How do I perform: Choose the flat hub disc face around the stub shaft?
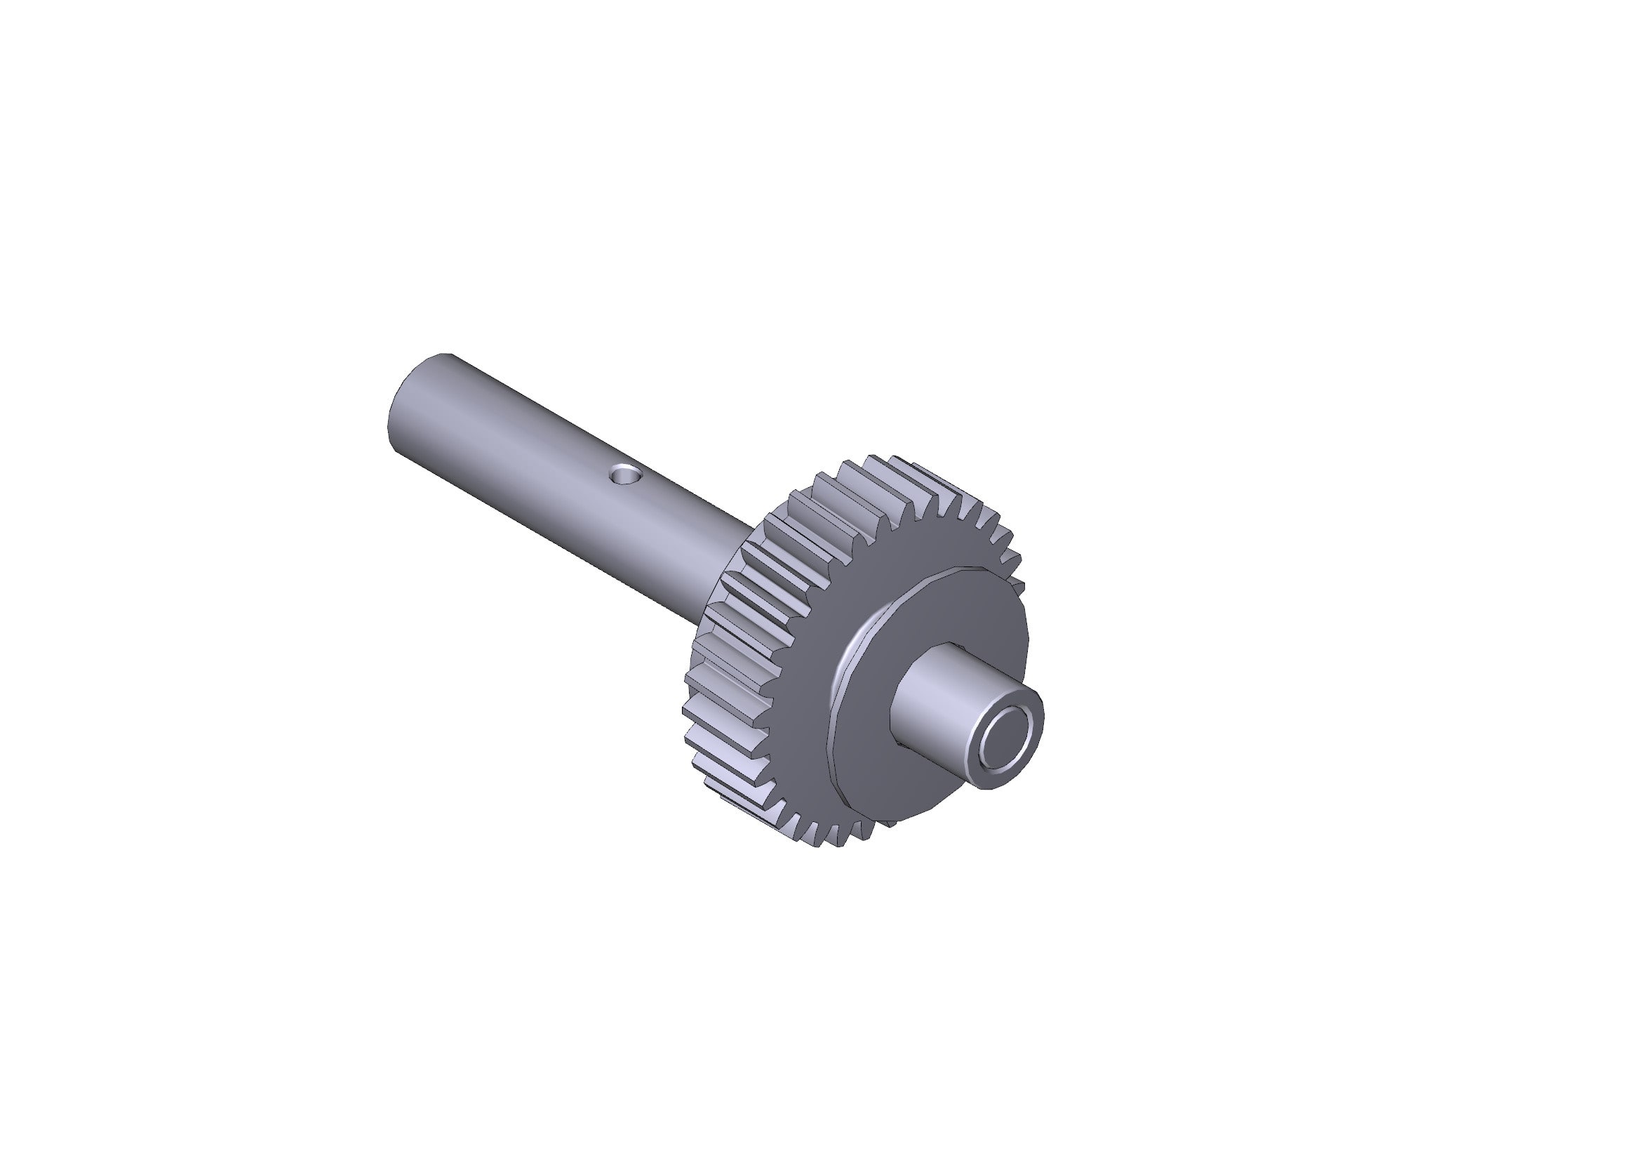tap(951, 629)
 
